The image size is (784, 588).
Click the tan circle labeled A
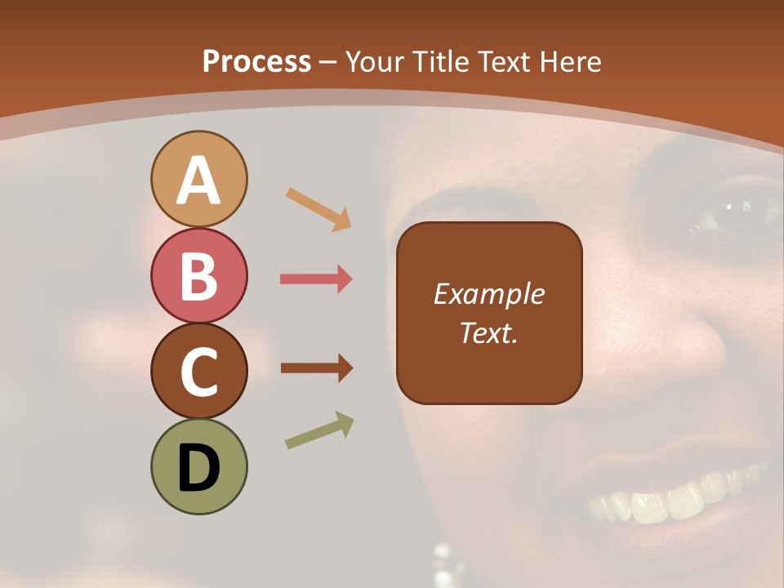(198, 179)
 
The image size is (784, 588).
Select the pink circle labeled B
(198, 275)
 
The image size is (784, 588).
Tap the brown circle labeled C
(198, 371)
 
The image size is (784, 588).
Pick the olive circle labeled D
(198, 466)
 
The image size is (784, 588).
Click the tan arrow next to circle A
(318, 209)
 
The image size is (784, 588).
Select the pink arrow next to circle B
(316, 279)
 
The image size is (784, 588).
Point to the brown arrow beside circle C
(316, 368)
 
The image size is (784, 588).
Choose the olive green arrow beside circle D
(319, 430)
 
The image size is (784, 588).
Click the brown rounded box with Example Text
(489, 313)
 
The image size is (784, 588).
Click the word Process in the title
(256, 62)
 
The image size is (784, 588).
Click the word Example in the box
(489, 294)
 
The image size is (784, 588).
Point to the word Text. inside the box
(489, 332)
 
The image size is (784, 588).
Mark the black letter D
(198, 468)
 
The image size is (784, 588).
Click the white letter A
(198, 180)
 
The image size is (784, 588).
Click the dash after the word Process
(327, 63)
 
